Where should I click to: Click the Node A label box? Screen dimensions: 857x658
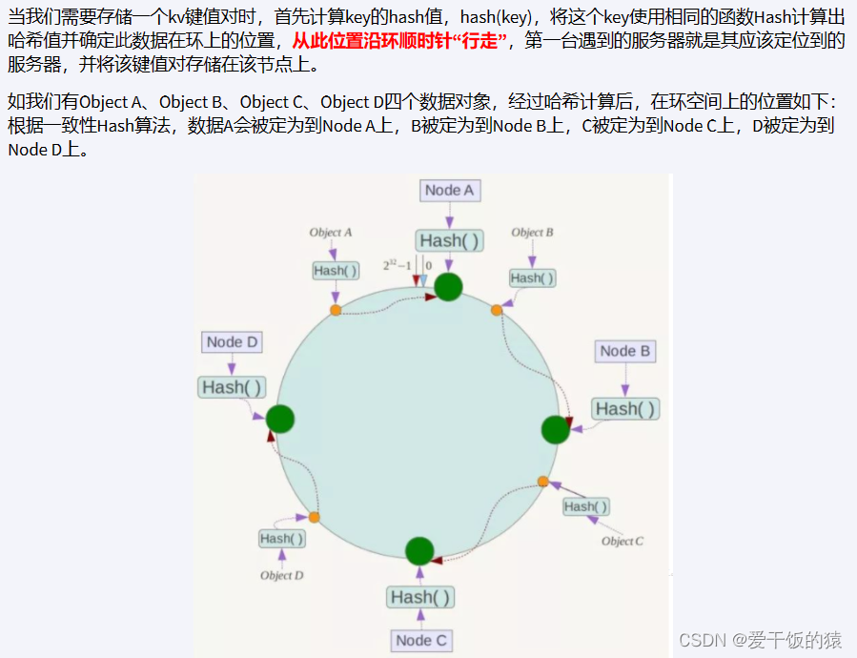tap(449, 190)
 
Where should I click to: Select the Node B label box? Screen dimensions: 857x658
tap(624, 351)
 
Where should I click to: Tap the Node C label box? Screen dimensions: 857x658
tap(420, 640)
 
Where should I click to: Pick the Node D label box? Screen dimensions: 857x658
tap(232, 341)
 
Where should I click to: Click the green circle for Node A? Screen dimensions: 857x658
tap(448, 286)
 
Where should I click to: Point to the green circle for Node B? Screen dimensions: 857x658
tap(555, 429)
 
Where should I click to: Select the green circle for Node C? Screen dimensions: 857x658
tap(419, 550)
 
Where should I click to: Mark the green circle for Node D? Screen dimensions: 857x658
tap(279, 418)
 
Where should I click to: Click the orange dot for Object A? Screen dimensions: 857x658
tap(335, 310)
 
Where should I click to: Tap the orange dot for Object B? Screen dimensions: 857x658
tap(497, 310)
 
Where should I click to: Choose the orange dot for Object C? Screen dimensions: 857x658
tap(543, 481)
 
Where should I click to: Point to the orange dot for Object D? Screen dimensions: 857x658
tap(314, 517)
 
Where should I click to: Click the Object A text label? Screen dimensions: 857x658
tap(331, 232)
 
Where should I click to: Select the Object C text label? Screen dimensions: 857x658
tap(622, 541)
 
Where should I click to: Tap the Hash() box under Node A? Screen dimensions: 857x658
tap(449, 240)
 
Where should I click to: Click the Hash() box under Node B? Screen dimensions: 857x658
tap(625, 408)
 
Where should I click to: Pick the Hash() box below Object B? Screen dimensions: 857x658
tap(532, 278)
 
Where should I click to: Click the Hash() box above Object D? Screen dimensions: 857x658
tap(282, 539)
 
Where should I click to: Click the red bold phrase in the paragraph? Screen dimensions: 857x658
tap(399, 42)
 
